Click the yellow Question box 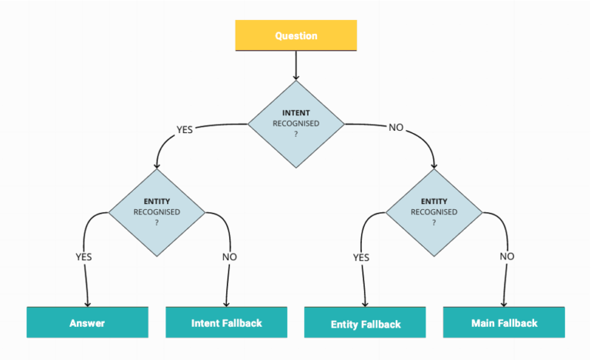(295, 35)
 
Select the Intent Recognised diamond (295, 123)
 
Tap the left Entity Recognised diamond (156, 211)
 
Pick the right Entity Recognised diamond (433, 211)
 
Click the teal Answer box (87, 322)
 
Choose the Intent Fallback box (226, 322)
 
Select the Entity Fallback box (366, 323)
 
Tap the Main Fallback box (504, 322)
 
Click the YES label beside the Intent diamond (185, 129)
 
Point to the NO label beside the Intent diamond (396, 127)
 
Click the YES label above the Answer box (84, 257)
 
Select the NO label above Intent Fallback (229, 257)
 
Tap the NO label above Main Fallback (506, 256)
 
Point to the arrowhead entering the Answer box (87, 303)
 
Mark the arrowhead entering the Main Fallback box (505, 303)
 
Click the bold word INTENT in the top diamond (295, 113)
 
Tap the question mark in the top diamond (295, 134)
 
